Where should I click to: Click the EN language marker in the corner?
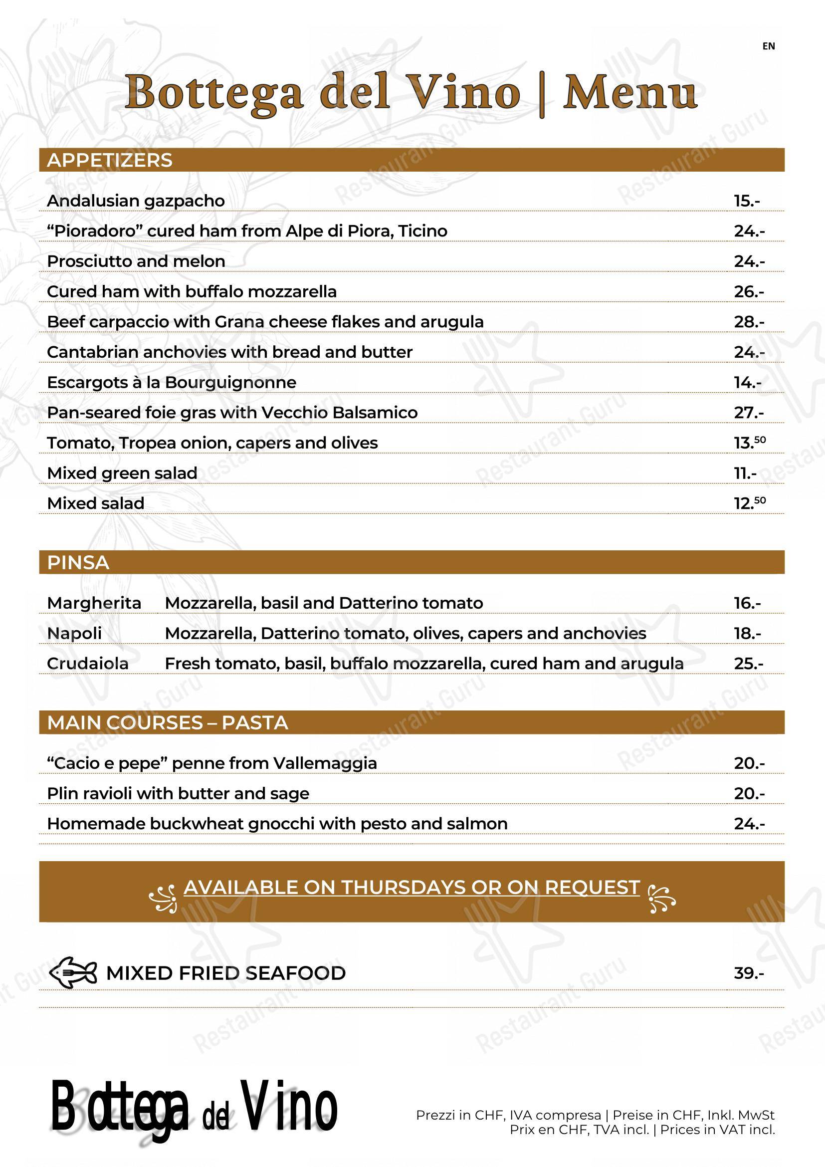(x=768, y=46)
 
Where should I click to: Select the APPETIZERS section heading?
(x=110, y=160)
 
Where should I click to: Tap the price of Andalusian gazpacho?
(x=747, y=201)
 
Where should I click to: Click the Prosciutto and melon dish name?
(x=136, y=261)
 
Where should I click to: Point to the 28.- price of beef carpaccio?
(x=749, y=322)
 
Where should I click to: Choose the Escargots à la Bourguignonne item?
(x=172, y=382)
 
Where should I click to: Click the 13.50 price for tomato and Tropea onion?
(x=749, y=443)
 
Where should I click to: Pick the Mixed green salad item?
(x=122, y=473)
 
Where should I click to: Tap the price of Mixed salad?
(x=749, y=503)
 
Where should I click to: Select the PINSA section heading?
(x=78, y=563)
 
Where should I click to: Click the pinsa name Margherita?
(x=94, y=603)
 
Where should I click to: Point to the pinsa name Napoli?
(x=74, y=633)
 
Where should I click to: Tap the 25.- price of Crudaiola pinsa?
(x=748, y=663)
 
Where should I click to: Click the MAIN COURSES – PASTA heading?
(x=168, y=723)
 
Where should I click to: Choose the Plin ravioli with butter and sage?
(x=178, y=793)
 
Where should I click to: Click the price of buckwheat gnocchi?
(x=749, y=823)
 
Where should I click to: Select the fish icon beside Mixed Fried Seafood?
(x=73, y=973)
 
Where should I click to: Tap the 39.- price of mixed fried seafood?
(x=749, y=973)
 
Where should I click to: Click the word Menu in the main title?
(x=630, y=92)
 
